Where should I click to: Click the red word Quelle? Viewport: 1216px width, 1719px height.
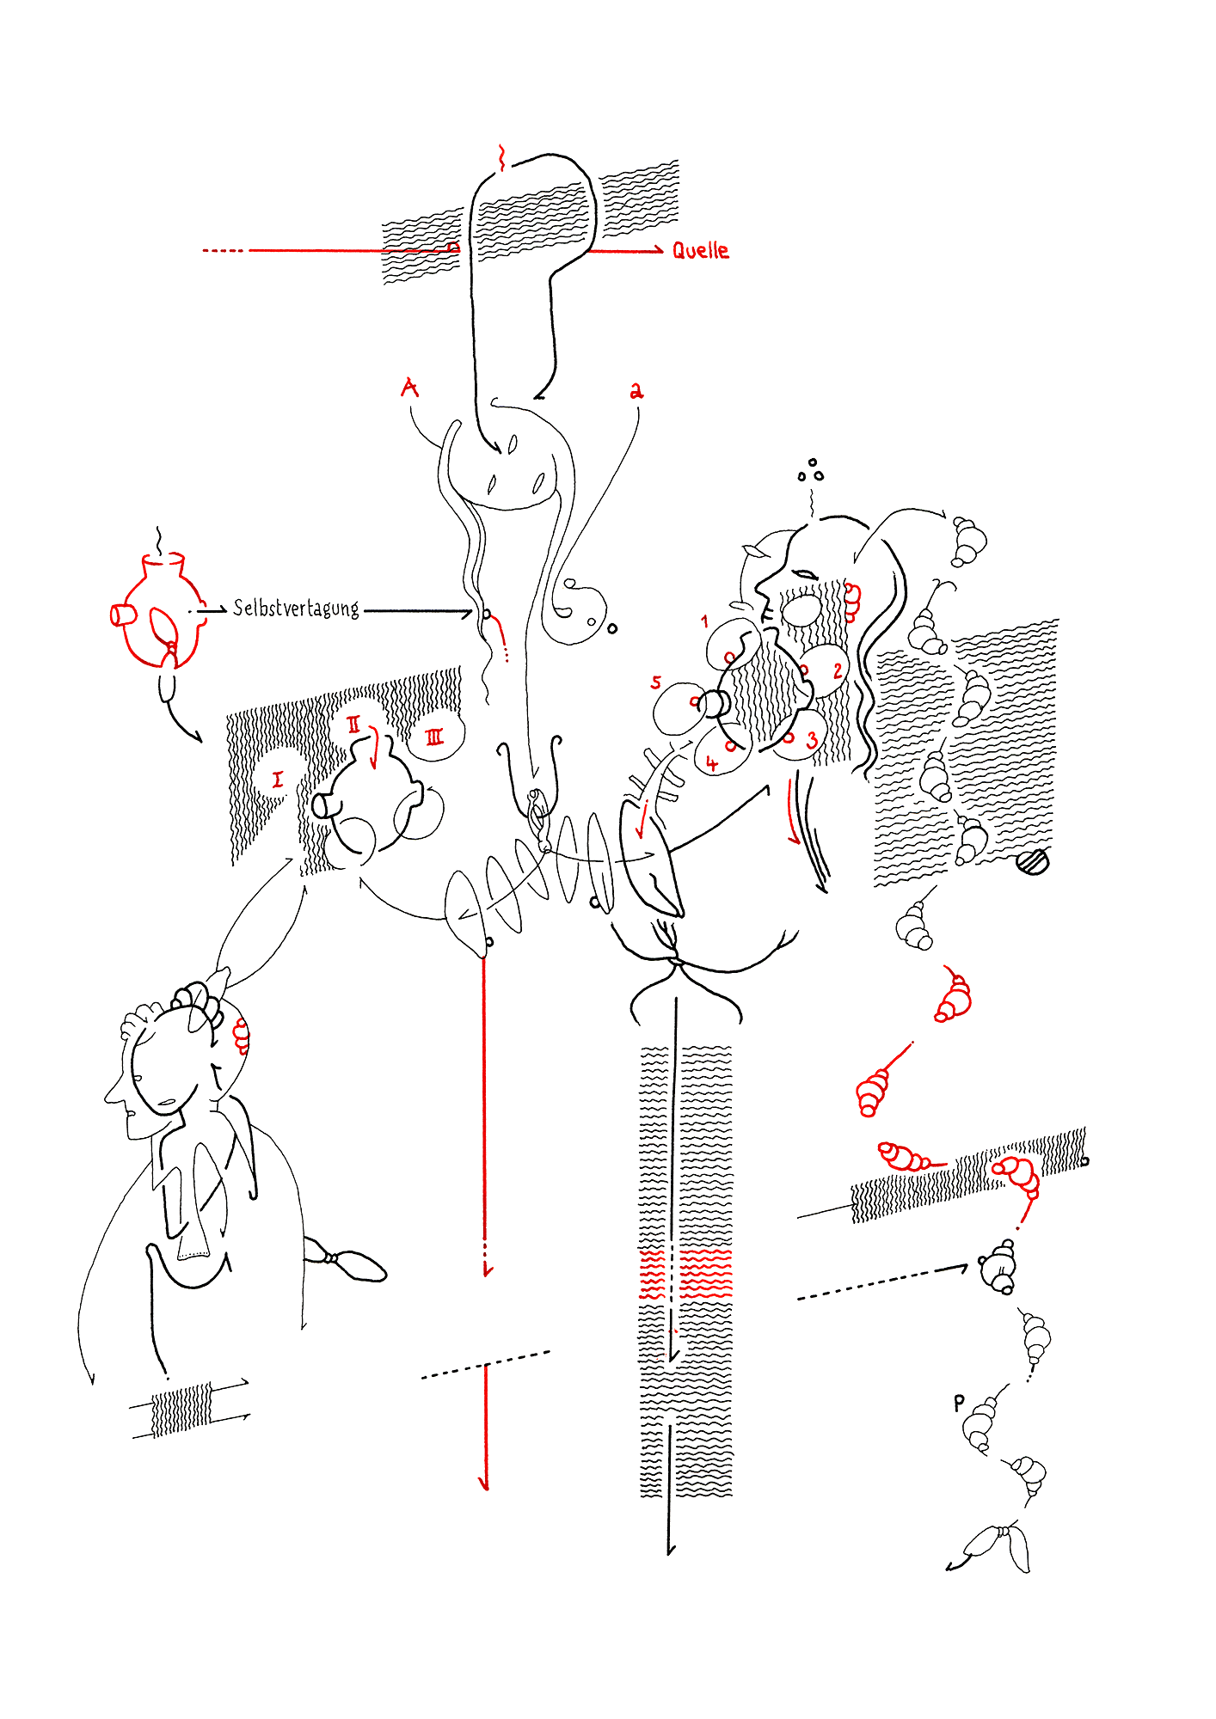[x=700, y=250]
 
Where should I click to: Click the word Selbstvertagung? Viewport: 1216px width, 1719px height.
[x=296, y=609]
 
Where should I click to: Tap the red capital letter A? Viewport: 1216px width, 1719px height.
[x=410, y=388]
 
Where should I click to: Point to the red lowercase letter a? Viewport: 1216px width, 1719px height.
[x=636, y=392]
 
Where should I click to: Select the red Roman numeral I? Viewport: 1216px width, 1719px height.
[x=277, y=780]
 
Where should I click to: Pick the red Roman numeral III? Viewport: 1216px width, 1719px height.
[x=434, y=737]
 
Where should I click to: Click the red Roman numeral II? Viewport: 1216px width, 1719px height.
[x=354, y=724]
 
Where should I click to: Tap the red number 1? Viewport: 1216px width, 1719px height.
[x=705, y=621]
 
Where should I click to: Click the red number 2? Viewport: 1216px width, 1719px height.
[x=838, y=670]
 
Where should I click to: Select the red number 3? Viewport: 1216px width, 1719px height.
[x=812, y=740]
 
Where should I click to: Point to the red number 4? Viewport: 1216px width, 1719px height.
[x=711, y=763]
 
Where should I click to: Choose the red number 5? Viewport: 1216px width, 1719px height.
[x=656, y=682]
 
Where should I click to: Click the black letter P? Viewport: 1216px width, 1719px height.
[x=960, y=1404]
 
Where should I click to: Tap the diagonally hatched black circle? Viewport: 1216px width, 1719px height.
[x=1033, y=861]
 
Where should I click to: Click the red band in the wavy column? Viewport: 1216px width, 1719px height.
[x=685, y=1274]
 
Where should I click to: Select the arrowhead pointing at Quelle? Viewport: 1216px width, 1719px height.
[x=658, y=251]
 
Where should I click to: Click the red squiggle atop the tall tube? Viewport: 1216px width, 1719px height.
[x=501, y=158]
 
